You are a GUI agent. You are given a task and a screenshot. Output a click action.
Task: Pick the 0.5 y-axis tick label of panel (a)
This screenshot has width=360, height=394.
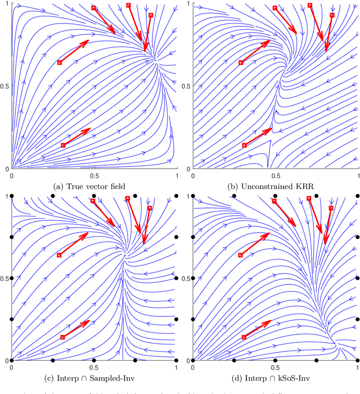point(5,86)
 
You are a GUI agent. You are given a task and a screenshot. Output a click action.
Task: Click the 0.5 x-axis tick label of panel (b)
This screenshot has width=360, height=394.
point(275,174)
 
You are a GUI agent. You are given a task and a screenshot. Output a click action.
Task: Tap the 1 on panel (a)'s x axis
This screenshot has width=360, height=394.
point(177,174)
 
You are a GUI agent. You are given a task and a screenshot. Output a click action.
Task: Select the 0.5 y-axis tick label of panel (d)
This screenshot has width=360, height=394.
point(187,278)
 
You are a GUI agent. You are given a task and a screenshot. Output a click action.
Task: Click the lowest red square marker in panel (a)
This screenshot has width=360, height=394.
point(63,145)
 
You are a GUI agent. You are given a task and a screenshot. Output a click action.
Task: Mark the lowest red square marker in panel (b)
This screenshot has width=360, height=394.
point(244,145)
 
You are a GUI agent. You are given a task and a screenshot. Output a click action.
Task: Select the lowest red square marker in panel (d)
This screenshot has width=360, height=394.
point(244,337)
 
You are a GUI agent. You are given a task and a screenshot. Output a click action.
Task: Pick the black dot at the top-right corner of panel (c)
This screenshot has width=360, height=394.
point(177,196)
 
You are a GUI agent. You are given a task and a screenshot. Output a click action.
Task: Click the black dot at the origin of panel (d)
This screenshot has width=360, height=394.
point(192,360)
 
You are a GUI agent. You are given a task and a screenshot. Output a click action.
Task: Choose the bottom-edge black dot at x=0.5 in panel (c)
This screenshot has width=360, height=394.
point(94,360)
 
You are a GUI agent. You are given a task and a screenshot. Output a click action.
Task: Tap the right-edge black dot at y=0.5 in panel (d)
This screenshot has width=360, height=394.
point(357,278)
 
